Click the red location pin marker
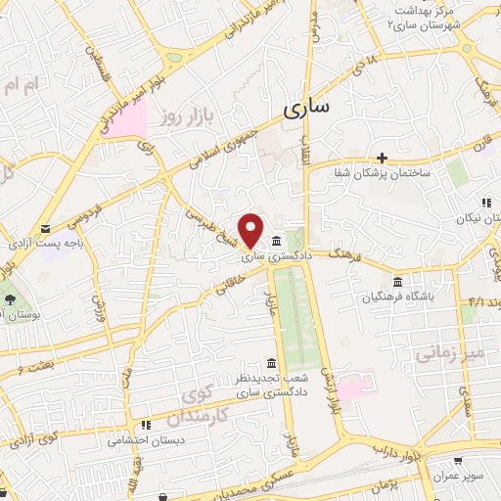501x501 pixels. click(251, 229)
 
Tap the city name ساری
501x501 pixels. click(306, 108)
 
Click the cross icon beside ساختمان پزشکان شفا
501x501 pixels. click(382, 158)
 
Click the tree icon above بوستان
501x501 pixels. click(10, 297)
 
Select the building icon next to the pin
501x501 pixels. click(278, 242)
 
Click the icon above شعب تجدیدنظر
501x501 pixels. click(271, 363)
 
